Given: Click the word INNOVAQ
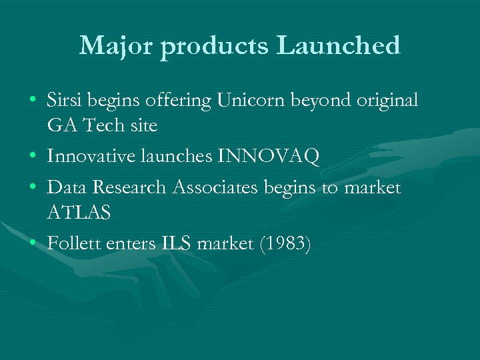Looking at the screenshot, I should point(268,156).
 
